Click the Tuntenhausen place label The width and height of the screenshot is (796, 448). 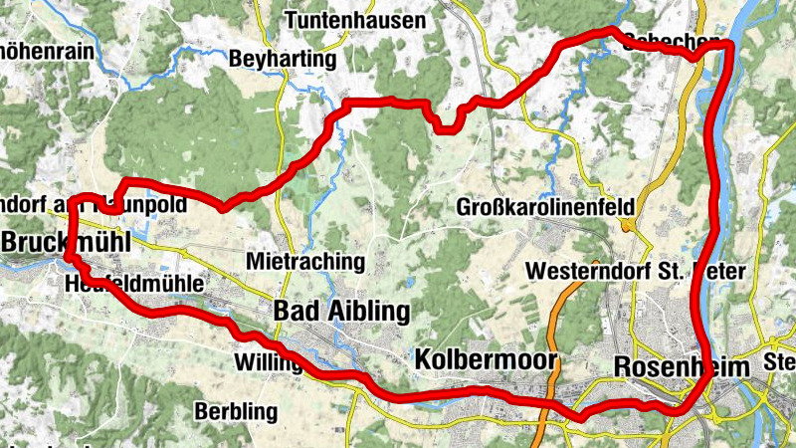point(355,20)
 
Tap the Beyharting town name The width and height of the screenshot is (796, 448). point(283,60)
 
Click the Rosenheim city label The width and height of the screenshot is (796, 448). point(682,366)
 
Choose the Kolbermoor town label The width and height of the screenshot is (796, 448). point(486,358)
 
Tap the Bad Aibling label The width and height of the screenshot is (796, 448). point(341,312)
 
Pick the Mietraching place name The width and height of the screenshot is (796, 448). point(304,262)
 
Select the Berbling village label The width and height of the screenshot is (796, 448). point(236,410)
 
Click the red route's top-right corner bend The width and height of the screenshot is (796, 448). point(729,47)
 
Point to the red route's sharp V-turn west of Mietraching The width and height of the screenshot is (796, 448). point(222,207)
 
